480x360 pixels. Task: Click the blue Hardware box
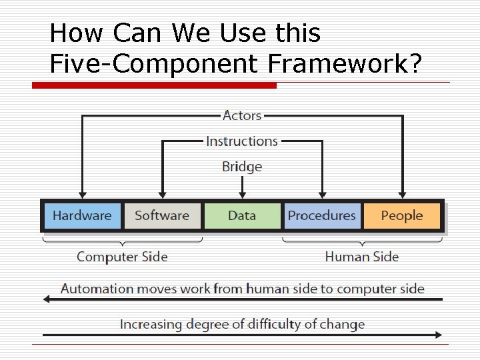(x=82, y=215)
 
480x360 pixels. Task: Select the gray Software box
(x=162, y=215)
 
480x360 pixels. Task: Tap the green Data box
(x=242, y=215)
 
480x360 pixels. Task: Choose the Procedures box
(x=321, y=215)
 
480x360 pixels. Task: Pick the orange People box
(x=402, y=215)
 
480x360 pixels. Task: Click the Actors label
(x=242, y=115)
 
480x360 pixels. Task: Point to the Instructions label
(x=242, y=141)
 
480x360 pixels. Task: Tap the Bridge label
(x=242, y=167)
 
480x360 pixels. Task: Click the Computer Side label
(x=122, y=257)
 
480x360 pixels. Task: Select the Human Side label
(x=362, y=257)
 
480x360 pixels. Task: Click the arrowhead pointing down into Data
(x=242, y=194)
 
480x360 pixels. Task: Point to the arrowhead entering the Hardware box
(x=82, y=194)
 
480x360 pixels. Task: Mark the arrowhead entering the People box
(x=403, y=194)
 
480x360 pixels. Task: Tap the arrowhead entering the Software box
(x=162, y=194)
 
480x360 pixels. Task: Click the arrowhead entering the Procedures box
(x=323, y=194)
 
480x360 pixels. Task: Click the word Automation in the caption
(x=97, y=289)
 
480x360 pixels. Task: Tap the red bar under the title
(x=154, y=85)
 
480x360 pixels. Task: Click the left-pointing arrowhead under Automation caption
(x=47, y=299)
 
